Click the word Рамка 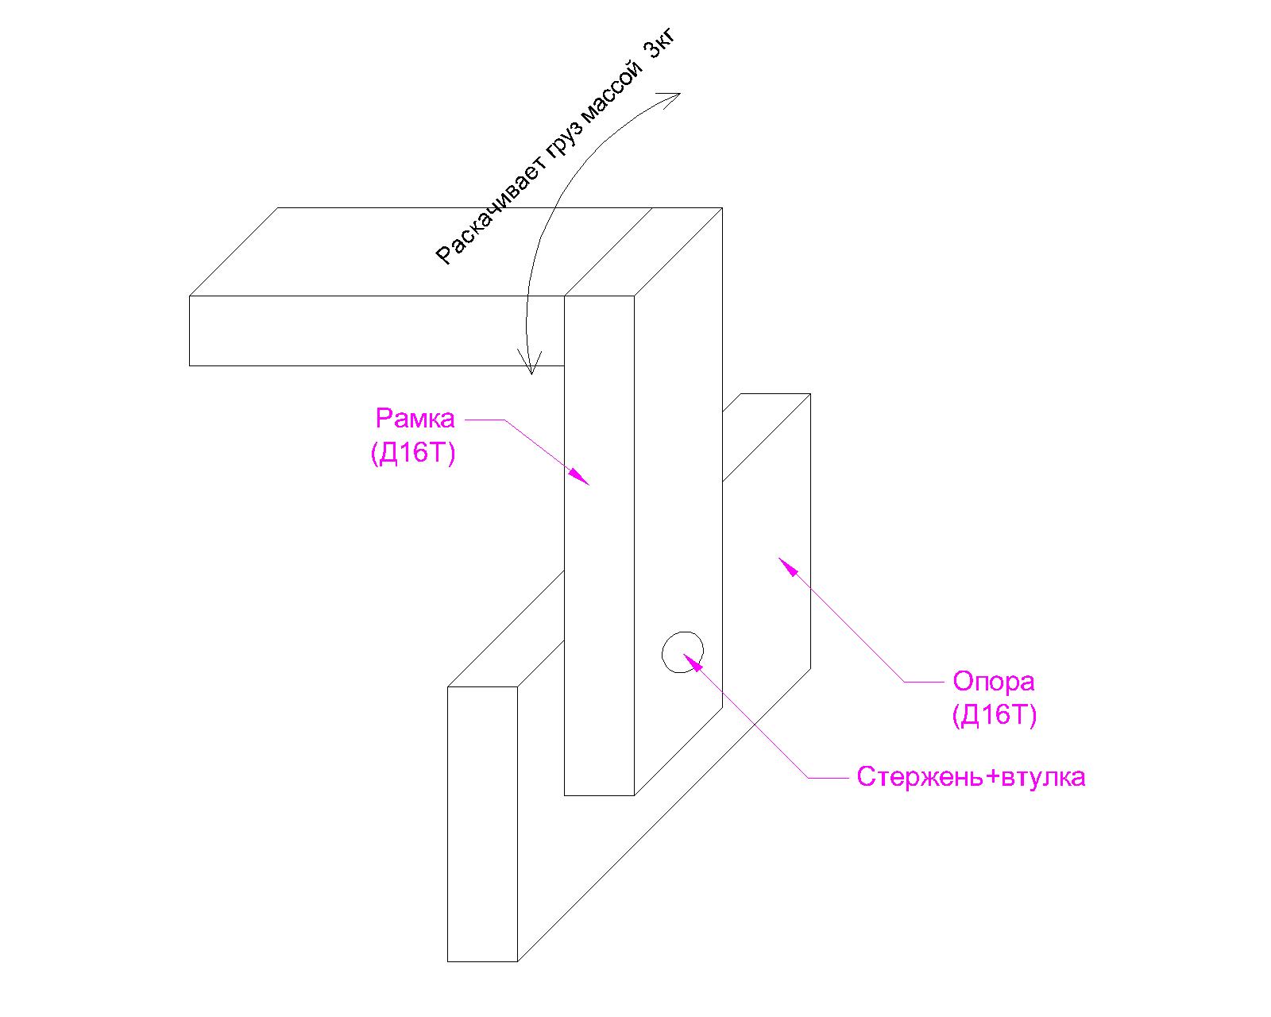click(415, 419)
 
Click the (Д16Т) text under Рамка click(413, 453)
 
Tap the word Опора click(994, 683)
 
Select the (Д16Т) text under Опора click(994, 716)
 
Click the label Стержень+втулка click(971, 777)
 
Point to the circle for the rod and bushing click(682, 632)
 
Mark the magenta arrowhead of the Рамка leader click(581, 477)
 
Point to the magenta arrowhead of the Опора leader click(786, 564)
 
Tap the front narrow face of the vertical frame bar click(599, 545)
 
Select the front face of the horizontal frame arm click(377, 331)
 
